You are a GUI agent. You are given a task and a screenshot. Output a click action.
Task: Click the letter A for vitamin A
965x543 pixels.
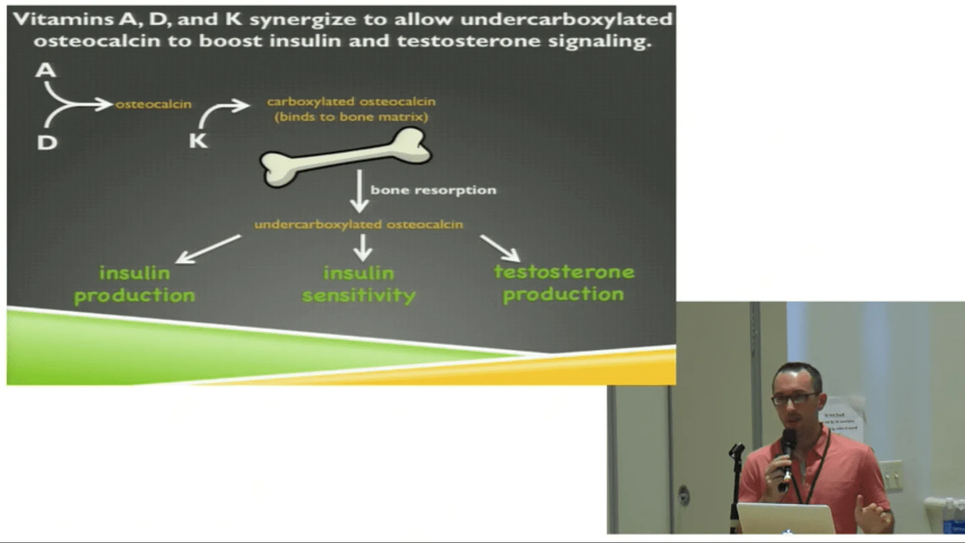[46, 70]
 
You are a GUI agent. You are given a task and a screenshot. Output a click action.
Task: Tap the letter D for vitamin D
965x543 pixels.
[47, 143]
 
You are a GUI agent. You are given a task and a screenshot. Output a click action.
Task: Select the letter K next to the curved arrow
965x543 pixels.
[199, 140]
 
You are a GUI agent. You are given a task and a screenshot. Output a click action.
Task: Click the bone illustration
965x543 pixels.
[345, 157]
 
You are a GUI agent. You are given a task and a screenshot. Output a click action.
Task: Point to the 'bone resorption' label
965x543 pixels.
[433, 190]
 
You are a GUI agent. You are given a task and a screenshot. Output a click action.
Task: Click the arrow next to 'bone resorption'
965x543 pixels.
[359, 191]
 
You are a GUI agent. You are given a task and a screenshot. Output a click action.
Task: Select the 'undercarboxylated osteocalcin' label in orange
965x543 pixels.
[358, 224]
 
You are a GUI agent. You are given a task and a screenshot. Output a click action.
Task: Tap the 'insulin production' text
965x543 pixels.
[135, 284]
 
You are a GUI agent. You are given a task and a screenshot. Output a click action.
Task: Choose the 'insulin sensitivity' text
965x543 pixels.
[359, 284]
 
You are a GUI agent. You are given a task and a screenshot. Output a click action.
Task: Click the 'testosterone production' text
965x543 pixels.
[564, 283]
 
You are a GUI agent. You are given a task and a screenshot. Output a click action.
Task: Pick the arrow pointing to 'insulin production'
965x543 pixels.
[208, 249]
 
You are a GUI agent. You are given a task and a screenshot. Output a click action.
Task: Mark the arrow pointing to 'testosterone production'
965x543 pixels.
[500, 248]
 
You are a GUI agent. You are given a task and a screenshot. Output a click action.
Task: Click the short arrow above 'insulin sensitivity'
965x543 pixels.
[362, 247]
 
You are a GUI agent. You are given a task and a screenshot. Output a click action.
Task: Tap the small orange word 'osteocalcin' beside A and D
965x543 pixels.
[153, 104]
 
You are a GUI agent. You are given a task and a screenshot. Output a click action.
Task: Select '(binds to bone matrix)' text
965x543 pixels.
[351, 117]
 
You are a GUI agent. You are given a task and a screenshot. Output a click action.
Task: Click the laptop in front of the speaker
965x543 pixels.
[785, 518]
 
